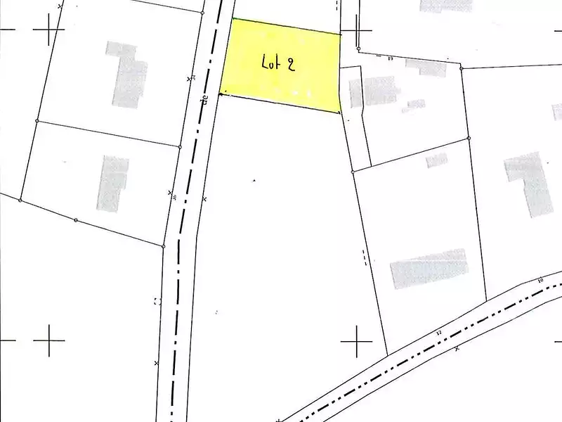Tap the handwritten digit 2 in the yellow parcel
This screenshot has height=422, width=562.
point(290,63)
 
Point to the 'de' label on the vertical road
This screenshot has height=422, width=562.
point(205,100)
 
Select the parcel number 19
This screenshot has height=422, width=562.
point(390,58)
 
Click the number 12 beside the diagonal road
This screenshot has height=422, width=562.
point(439,333)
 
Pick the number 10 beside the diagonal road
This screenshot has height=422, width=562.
point(540,281)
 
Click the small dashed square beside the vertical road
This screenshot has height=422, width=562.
point(157,301)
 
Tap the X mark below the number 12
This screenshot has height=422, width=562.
point(457,348)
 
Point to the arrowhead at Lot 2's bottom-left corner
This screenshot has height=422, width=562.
point(221,94)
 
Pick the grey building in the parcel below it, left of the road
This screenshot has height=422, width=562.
point(112,183)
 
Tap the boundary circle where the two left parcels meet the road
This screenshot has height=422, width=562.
point(181,147)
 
